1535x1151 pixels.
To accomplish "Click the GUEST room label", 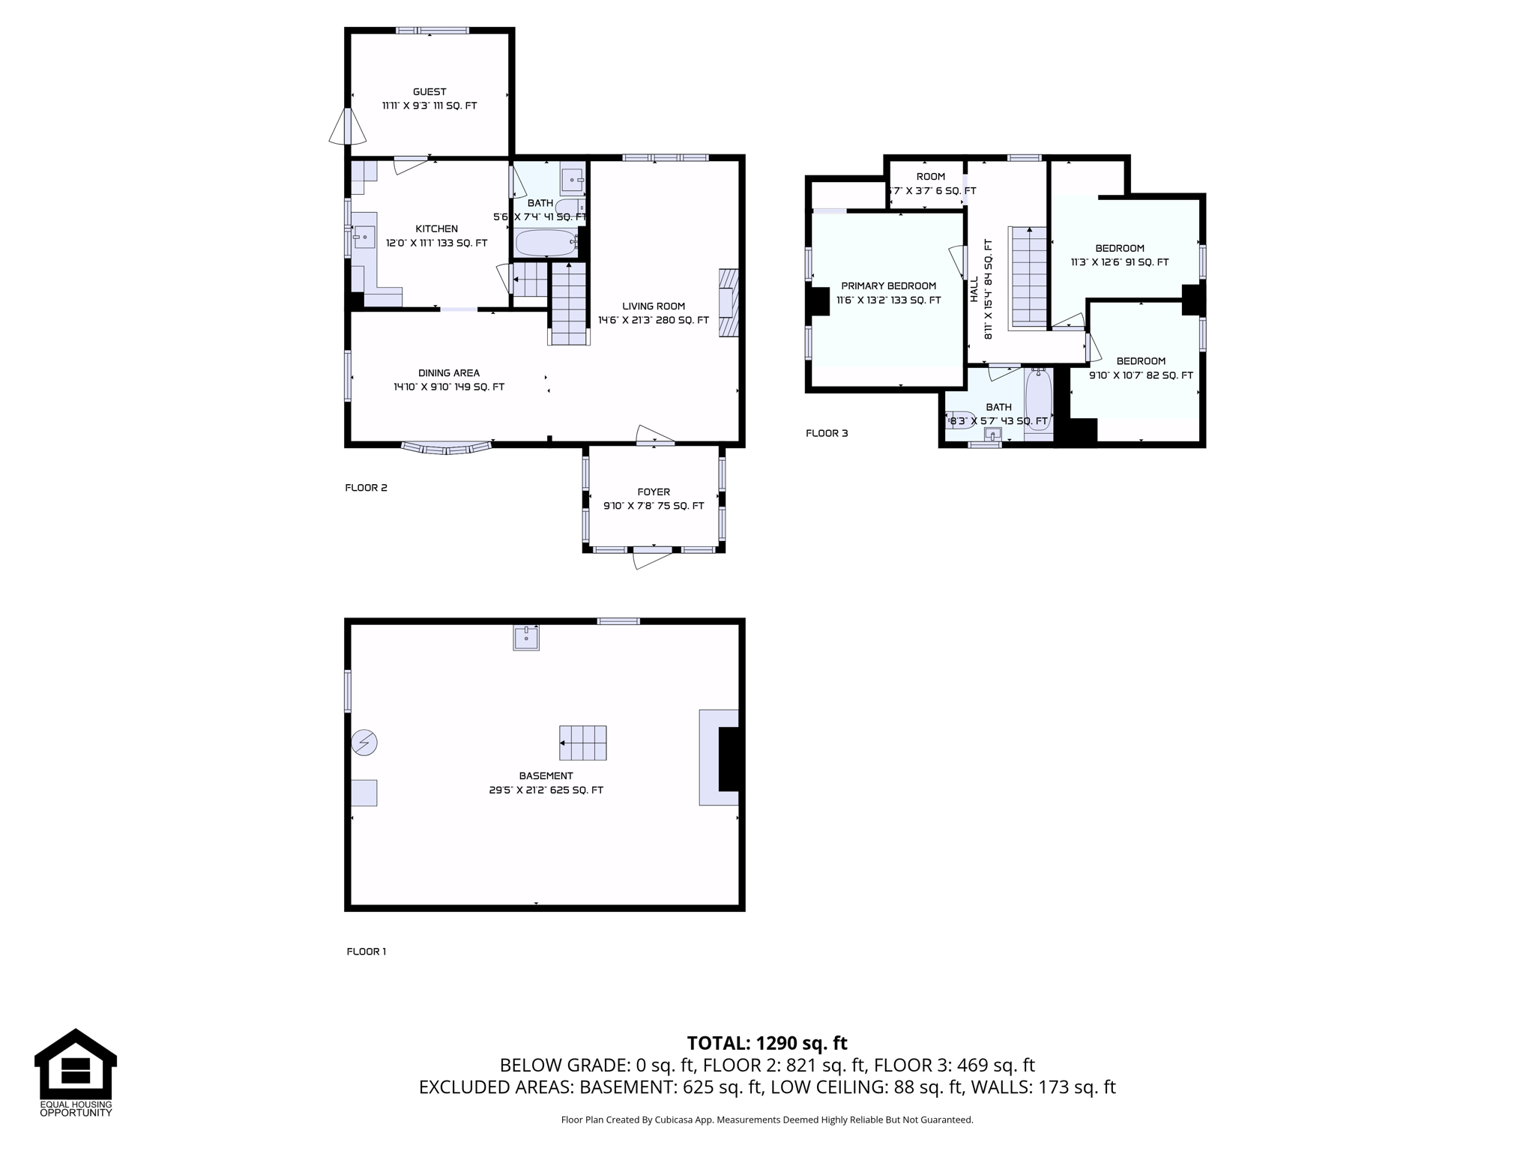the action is point(429,92).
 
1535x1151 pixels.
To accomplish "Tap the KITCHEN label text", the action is point(437,229).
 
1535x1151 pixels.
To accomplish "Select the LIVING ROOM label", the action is point(654,306).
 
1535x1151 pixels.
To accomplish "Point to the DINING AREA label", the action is point(449,373).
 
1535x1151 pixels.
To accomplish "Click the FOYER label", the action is point(654,492).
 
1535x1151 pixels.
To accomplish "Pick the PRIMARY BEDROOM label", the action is point(889,286).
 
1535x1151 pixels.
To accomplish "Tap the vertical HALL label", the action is point(974,289).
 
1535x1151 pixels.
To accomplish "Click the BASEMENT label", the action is point(546,776).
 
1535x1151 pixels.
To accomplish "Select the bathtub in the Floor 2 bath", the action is point(546,242).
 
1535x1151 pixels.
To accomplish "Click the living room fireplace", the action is point(729,303).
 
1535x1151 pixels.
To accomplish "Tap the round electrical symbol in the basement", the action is point(364,743).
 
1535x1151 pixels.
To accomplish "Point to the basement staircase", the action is point(583,743).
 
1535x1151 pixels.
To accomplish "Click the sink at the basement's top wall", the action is point(526,638).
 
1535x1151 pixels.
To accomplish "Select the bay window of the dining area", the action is point(447,448).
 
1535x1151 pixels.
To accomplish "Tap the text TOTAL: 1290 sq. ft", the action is point(767,1043).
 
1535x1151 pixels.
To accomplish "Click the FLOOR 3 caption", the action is point(827,433).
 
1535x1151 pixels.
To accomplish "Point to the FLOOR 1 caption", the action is point(367,952).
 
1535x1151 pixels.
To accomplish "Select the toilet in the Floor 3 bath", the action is point(961,420).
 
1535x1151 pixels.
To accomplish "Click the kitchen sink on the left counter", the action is point(364,237).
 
